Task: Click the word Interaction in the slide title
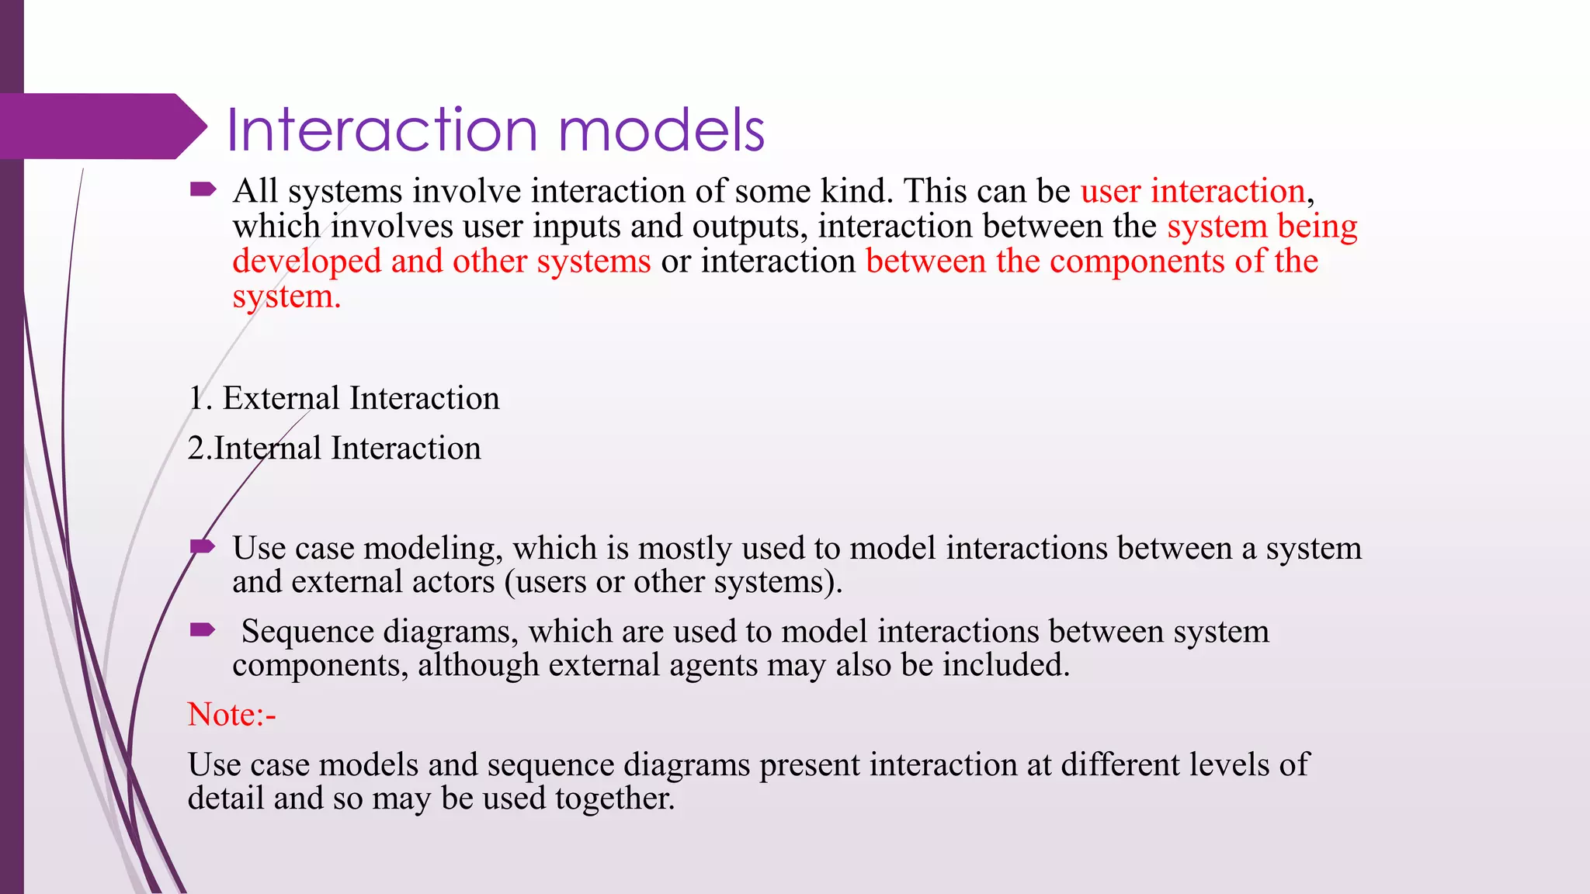(x=382, y=130)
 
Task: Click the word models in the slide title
(x=661, y=130)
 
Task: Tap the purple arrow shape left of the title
(x=101, y=126)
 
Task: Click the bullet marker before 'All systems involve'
(x=203, y=189)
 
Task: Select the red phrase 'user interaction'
(x=1192, y=191)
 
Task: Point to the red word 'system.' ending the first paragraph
(x=286, y=296)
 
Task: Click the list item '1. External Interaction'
(x=344, y=398)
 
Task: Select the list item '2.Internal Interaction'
(x=335, y=449)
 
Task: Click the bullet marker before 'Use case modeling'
(x=203, y=546)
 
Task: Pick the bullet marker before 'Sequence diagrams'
(x=203, y=629)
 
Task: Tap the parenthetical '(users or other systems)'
(x=673, y=582)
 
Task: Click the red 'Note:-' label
(x=231, y=715)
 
